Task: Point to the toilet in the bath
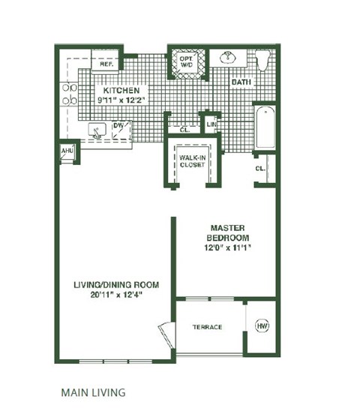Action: click(262, 60)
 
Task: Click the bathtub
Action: click(265, 127)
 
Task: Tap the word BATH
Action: click(240, 82)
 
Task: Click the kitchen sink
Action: click(96, 130)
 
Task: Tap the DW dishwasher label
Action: click(118, 126)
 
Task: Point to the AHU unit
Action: click(66, 151)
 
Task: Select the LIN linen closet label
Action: click(211, 124)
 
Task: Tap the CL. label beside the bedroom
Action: click(261, 169)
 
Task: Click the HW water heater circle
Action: click(262, 327)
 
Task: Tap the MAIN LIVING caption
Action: click(93, 391)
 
